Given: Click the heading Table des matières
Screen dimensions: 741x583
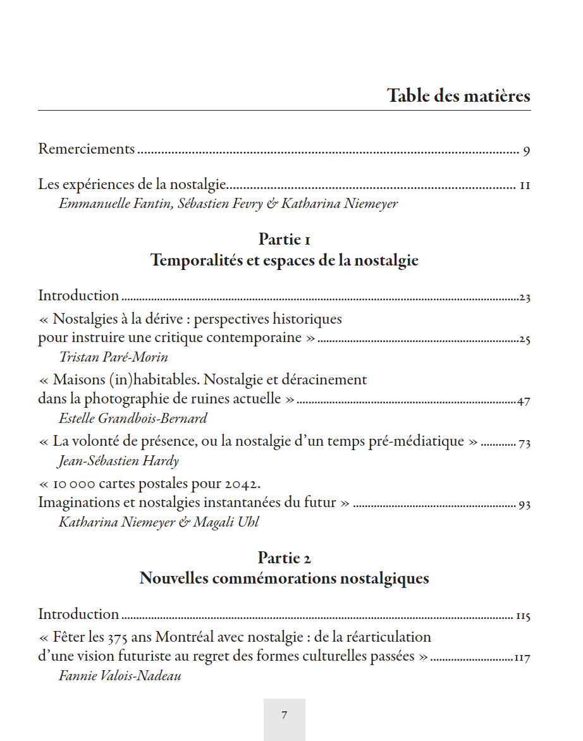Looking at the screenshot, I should (458, 96).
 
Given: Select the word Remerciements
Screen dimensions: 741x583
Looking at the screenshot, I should (87, 149).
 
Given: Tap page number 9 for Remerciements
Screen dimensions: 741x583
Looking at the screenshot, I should (526, 151).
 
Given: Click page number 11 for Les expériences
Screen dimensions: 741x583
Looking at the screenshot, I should (525, 186).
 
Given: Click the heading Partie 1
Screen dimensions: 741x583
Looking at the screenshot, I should (284, 240).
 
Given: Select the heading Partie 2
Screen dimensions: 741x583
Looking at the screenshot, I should (284, 558).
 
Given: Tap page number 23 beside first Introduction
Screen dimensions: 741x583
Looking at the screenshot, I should (524, 298).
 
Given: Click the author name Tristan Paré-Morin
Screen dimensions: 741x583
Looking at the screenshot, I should (114, 357).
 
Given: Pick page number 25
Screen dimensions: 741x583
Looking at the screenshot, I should (524, 340).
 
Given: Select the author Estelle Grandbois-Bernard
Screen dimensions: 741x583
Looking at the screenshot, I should (133, 419).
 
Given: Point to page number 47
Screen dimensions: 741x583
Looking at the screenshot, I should (524, 401).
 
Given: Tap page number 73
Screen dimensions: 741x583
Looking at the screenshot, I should (524, 443).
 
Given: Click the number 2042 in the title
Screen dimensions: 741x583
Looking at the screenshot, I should (243, 484).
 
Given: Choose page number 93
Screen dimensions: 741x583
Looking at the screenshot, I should (524, 505).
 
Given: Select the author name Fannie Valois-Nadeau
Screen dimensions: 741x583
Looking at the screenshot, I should (120, 676).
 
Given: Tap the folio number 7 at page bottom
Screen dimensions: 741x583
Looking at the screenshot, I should (284, 716).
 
